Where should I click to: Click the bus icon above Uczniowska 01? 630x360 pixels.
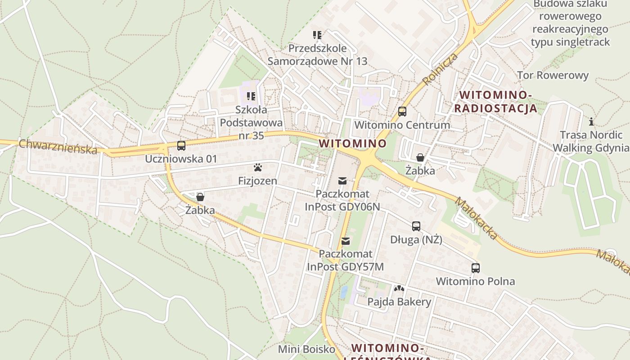click(181, 146)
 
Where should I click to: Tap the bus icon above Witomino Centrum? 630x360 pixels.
click(402, 112)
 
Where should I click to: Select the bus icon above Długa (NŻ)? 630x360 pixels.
click(416, 226)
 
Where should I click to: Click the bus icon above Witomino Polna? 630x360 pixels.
click(476, 268)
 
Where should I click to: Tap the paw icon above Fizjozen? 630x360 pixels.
click(258, 168)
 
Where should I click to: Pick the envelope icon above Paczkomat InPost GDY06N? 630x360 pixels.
click(342, 181)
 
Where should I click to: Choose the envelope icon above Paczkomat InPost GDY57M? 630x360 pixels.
click(346, 241)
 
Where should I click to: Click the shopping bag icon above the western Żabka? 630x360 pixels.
click(200, 197)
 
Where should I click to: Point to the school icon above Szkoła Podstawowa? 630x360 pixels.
click(251, 96)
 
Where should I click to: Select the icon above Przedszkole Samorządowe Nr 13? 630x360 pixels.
click(317, 35)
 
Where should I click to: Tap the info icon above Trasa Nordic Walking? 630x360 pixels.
click(591, 121)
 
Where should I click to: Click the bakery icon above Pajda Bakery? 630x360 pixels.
click(399, 288)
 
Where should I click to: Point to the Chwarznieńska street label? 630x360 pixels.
click(58, 146)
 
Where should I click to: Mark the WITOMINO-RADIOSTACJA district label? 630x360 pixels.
click(496, 102)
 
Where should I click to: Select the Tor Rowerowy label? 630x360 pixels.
click(553, 75)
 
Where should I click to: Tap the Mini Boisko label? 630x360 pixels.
click(306, 349)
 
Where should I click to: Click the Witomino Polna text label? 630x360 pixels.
click(476, 282)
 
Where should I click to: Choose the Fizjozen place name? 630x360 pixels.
click(257, 181)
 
